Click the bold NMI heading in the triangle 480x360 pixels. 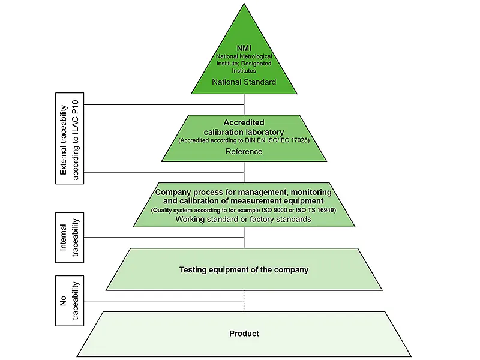[244, 48]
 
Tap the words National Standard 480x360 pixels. [244, 82]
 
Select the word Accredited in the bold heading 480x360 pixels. [244, 122]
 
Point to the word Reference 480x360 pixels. [244, 151]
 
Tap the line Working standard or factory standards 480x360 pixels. [244, 220]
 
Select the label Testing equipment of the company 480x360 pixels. [244, 269]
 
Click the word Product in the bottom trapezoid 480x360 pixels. [244, 333]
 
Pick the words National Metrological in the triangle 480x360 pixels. [244, 56]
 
